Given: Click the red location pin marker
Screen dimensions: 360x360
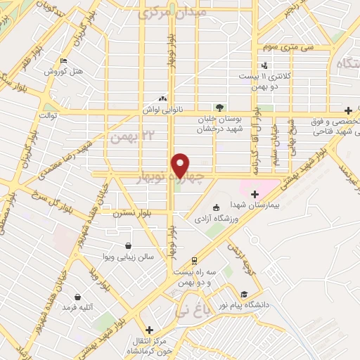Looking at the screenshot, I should click(181, 165).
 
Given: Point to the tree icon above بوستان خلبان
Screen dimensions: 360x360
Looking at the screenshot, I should click(219, 108).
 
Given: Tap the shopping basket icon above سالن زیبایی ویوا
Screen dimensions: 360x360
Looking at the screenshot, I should click(129, 246).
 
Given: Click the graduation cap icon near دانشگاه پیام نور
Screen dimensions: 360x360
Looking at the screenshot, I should click(244, 294).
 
